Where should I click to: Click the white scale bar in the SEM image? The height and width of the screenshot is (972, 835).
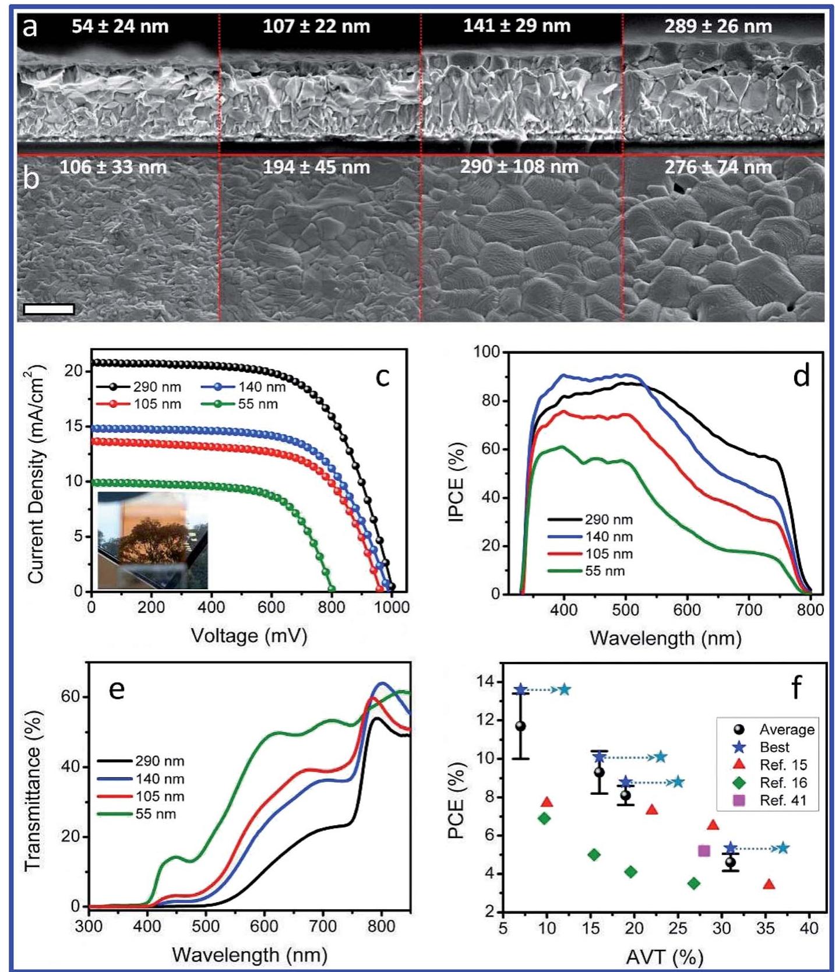(x=49, y=309)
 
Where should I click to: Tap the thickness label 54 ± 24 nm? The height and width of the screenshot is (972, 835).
(x=120, y=26)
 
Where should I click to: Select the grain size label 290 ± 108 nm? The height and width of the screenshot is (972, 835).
(x=519, y=167)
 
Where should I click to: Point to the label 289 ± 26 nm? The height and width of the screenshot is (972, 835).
(x=718, y=26)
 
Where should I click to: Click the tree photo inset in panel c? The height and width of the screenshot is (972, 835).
(x=153, y=540)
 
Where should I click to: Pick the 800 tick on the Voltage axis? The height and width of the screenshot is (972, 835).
(x=332, y=607)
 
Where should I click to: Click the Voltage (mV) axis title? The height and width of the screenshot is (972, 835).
(x=249, y=635)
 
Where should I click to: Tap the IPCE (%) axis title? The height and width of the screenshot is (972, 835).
(x=457, y=482)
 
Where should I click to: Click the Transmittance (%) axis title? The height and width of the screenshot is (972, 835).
(x=34, y=791)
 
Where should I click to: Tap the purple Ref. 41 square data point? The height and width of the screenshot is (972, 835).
(x=704, y=851)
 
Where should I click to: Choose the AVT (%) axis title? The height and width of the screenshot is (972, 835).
(x=664, y=956)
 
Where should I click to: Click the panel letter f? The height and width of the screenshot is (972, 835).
(x=795, y=688)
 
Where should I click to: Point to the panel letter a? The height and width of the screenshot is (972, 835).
(x=30, y=27)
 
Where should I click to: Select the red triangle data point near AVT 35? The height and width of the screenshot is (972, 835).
(x=769, y=884)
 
